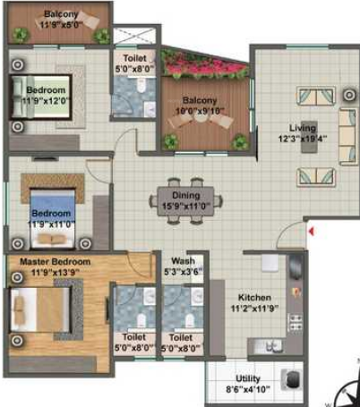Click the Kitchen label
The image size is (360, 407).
tap(254, 298)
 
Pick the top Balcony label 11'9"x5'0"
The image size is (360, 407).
tap(57, 21)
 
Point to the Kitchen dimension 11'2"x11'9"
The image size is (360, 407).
tap(254, 309)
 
